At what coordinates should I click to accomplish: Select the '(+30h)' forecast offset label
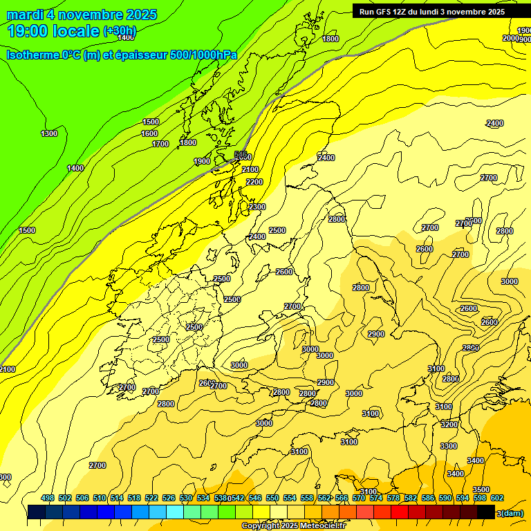tap(120, 31)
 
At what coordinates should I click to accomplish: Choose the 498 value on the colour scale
tap(48, 498)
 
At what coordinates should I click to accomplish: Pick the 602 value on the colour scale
tap(496, 498)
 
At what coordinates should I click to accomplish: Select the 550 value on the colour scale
tap(272, 498)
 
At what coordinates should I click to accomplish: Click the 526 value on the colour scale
tap(169, 498)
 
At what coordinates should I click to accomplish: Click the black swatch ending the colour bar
tap(486, 512)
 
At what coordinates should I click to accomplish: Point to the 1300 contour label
tap(49, 133)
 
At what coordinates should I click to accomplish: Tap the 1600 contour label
tap(149, 133)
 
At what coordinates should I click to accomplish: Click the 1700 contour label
tap(160, 144)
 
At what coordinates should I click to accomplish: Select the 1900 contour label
tap(202, 161)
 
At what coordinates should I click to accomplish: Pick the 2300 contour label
tap(257, 207)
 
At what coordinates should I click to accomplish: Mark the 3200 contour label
tap(449, 424)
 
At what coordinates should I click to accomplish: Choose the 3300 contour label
tap(449, 446)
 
